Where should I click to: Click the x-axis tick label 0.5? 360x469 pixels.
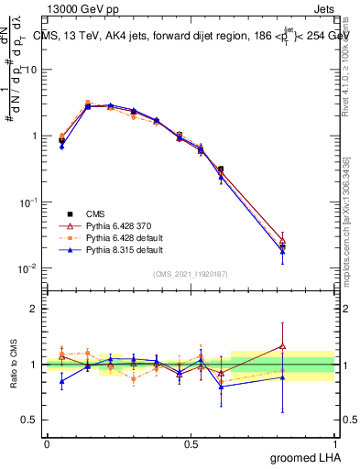click(x=191, y=443)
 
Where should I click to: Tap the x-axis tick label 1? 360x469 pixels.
click(x=334, y=443)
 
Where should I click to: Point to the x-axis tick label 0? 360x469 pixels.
click(x=47, y=443)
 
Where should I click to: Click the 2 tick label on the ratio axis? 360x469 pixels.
click(x=33, y=309)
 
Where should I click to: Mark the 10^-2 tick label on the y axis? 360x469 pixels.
click(x=26, y=268)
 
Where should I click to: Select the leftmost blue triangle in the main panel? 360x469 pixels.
click(x=61, y=146)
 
